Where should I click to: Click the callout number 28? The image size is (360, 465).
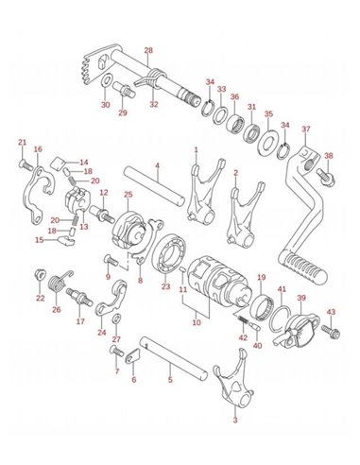(148, 50)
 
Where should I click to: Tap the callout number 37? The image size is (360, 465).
(306, 129)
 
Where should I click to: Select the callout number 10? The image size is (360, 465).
(197, 322)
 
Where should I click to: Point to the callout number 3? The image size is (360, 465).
(235, 420)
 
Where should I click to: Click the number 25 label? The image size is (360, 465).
(129, 195)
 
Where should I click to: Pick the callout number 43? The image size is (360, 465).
(331, 312)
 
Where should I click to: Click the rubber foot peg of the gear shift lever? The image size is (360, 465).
(303, 266)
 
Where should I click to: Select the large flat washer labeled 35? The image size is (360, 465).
(267, 142)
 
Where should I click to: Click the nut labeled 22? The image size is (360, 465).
(40, 274)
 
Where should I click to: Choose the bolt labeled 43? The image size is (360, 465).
(331, 333)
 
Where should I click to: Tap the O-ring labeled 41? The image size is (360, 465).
(280, 319)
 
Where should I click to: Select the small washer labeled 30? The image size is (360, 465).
(107, 81)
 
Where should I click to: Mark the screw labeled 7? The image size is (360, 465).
(117, 351)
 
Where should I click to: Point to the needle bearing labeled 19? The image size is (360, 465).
(261, 306)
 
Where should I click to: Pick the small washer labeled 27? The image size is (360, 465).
(116, 319)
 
